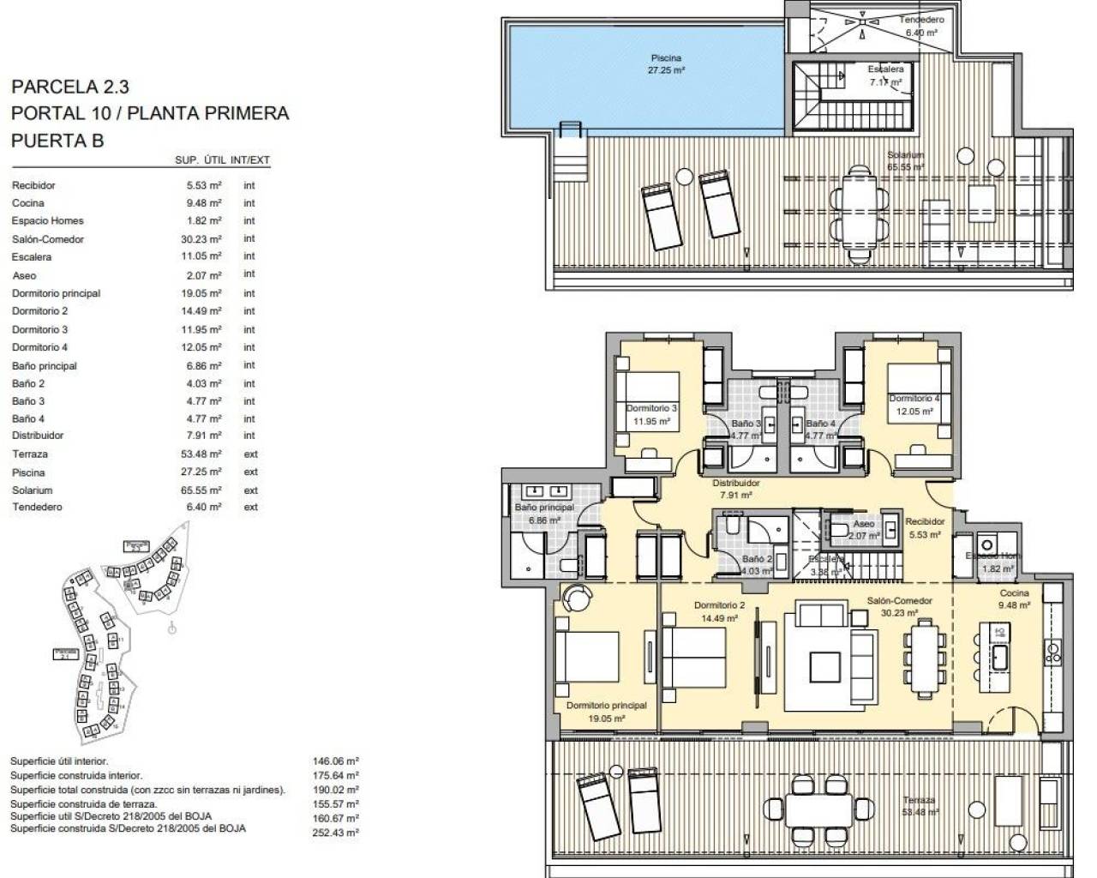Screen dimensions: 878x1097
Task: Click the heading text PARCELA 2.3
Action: point(70,87)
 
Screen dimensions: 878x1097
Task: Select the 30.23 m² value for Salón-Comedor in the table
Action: point(201,239)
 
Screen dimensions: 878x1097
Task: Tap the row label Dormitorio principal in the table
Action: point(56,293)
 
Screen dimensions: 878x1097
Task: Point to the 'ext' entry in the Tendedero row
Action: point(250,507)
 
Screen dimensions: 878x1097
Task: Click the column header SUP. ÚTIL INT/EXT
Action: point(222,159)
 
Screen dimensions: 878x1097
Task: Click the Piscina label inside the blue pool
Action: point(666,58)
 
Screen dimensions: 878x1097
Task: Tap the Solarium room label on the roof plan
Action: point(905,155)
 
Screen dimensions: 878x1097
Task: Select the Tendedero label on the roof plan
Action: point(921,20)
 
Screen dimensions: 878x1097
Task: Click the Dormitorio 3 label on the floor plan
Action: point(651,408)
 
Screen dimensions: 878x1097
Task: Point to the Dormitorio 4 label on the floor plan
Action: point(914,398)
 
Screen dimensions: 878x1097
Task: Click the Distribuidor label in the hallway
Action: point(735,483)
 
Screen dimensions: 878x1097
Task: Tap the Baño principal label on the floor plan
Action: point(543,508)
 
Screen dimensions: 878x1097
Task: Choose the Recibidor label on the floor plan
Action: point(925,521)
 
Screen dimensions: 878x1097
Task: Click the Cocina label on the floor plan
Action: point(1015,593)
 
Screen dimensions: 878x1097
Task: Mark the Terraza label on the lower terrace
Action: point(918,800)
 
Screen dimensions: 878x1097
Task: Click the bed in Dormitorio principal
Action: point(587,658)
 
